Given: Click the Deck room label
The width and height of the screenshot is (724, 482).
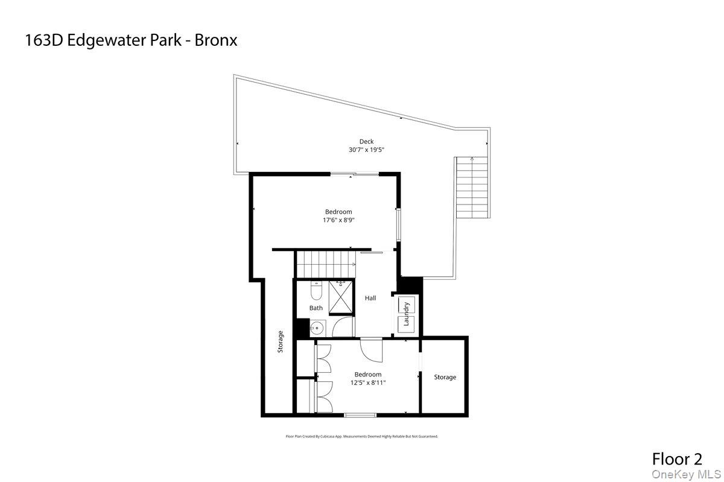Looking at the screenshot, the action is point(366,141).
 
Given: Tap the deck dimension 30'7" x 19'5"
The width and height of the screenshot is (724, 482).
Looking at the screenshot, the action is point(366,150).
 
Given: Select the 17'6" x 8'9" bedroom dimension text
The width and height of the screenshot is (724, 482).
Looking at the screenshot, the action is point(338,220).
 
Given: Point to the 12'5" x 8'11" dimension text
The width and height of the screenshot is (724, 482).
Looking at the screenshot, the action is point(368,382).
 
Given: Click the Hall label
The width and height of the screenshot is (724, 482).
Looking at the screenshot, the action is point(370,298).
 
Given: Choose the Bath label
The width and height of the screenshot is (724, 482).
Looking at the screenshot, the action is point(316,308).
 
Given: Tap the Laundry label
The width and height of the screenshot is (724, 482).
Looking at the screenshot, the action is point(406,314).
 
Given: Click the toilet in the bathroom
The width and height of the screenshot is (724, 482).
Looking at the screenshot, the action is point(316,290).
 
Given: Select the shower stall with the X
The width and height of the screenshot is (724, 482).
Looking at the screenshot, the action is point(341,297).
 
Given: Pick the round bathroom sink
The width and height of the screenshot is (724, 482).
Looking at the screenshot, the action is point(317,328).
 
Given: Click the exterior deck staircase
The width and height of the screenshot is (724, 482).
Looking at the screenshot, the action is point(472,188).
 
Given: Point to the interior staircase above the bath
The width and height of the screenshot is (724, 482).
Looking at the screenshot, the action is point(326,264).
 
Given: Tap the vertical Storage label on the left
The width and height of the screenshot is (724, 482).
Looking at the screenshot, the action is point(280,341).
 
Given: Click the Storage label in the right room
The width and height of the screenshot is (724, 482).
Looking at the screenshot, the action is point(445,377).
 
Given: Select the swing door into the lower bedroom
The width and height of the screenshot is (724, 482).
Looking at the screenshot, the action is point(372,350).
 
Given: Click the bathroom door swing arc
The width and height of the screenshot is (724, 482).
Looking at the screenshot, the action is point(343,326).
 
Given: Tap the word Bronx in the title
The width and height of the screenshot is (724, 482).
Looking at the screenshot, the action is point(216,40).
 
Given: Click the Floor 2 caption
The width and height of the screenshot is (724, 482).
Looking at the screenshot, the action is point(677,459).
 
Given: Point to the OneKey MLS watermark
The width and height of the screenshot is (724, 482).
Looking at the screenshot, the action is point(686,475).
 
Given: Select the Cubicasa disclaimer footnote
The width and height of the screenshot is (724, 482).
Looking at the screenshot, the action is point(361,436).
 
